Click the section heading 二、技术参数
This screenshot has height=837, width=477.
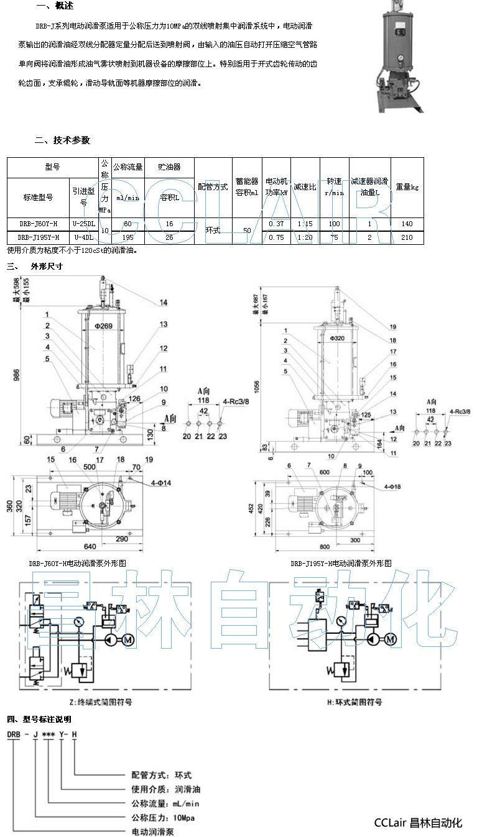pyautogui.click(x=62, y=140)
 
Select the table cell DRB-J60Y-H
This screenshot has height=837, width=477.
pyautogui.click(x=39, y=224)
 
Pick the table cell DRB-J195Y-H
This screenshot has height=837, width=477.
pyautogui.click(x=39, y=237)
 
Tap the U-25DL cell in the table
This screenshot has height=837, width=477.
pyautogui.click(x=84, y=224)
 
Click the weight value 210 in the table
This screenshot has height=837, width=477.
pyautogui.click(x=407, y=237)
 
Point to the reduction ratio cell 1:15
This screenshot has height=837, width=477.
pyautogui.click(x=304, y=224)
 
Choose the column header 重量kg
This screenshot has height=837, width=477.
pyautogui.click(x=407, y=186)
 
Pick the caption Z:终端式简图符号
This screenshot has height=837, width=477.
pyautogui.click(x=101, y=702)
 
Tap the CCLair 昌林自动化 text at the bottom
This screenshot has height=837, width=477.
pyautogui.click(x=418, y=823)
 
